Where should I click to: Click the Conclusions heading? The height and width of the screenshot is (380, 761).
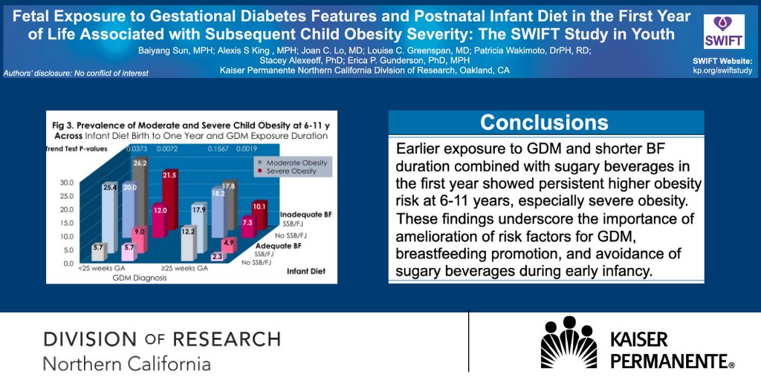[544, 122]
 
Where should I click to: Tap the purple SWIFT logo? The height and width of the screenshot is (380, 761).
[719, 32]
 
